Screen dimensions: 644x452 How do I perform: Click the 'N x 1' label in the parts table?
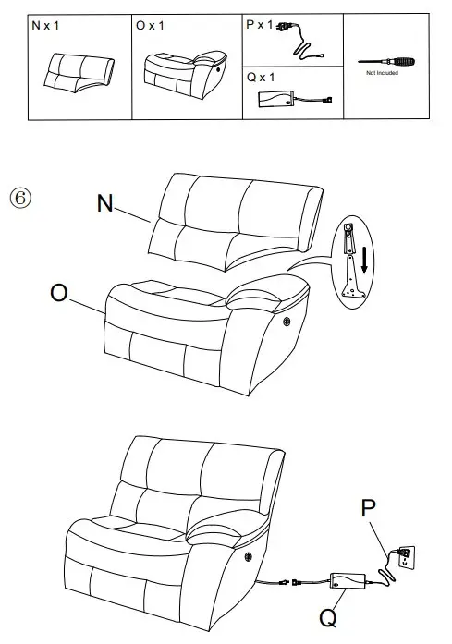pyautogui.click(x=45, y=26)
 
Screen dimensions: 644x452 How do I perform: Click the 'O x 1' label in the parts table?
pyautogui.click(x=149, y=26)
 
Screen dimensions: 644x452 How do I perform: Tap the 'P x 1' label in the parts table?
pyautogui.click(x=260, y=25)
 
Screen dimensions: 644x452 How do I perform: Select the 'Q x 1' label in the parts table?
pyautogui.click(x=261, y=78)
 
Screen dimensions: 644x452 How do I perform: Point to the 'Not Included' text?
pyautogui.click(x=382, y=73)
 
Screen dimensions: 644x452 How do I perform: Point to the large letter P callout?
pyautogui.click(x=368, y=509)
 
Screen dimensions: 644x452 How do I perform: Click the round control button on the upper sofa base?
pyautogui.click(x=286, y=322)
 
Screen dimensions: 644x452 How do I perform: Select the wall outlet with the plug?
pyautogui.click(x=403, y=557)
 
